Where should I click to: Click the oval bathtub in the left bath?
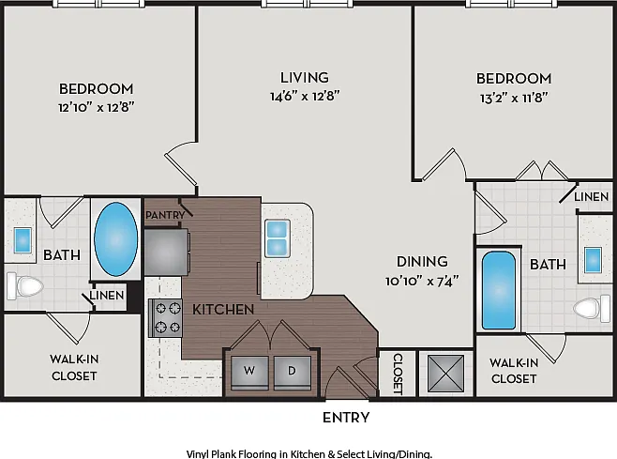[x=116, y=239]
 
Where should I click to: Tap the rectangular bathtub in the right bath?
[x=499, y=290]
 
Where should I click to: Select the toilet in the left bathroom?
[x=24, y=286]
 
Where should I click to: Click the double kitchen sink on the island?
[x=278, y=238]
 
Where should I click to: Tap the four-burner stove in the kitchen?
[x=166, y=318]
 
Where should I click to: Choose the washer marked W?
[x=249, y=372]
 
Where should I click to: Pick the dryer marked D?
[x=292, y=372]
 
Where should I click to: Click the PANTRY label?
[x=165, y=215]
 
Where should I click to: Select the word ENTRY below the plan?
[x=346, y=418]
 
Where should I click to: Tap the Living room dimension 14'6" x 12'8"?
[x=305, y=96]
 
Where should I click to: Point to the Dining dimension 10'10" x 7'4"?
[x=422, y=281]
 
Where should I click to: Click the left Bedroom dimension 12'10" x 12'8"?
[x=97, y=107]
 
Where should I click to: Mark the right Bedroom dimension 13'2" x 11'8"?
[x=514, y=98]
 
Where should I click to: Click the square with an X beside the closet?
[x=445, y=374]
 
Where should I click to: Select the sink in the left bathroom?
[x=23, y=240]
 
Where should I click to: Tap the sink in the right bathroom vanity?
[x=593, y=260]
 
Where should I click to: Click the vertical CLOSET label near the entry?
[x=398, y=374]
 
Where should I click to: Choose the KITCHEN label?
[x=223, y=310]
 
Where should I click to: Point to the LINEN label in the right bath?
[x=592, y=196]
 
